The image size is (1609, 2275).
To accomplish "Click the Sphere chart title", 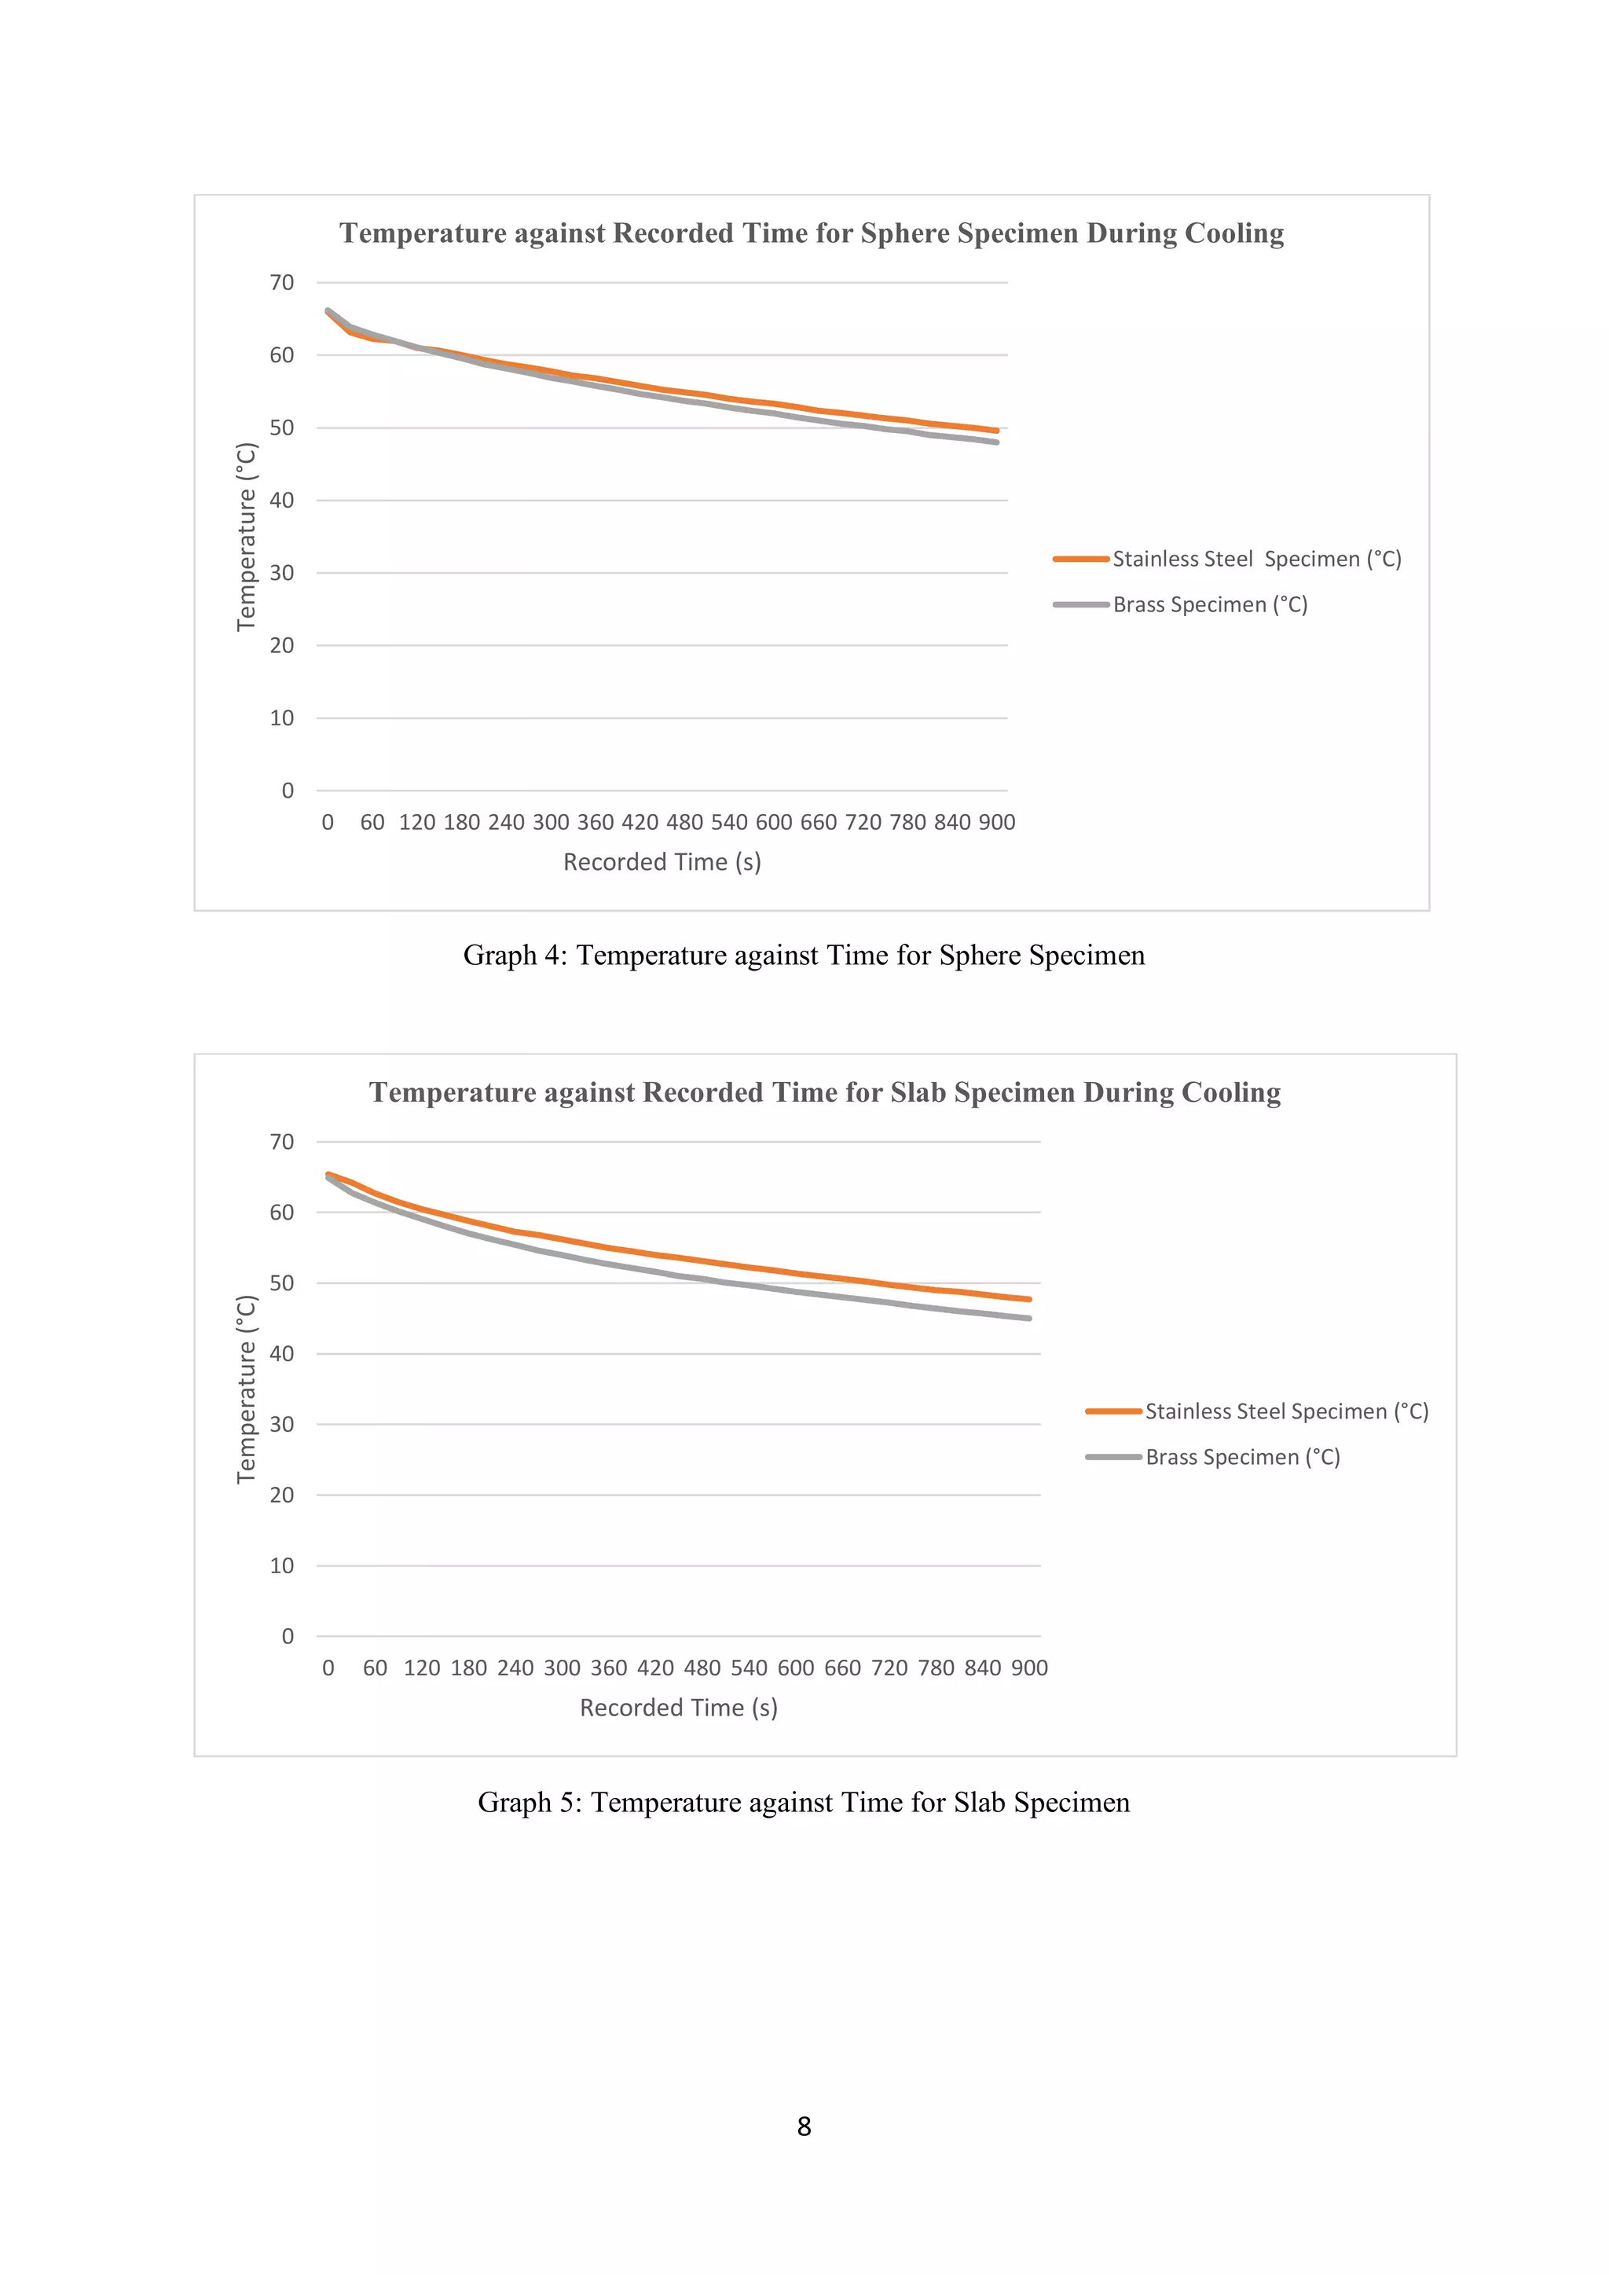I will pos(812,233).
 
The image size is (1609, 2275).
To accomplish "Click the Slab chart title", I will pos(824,1092).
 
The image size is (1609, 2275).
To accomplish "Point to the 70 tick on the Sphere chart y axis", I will pos(281,282).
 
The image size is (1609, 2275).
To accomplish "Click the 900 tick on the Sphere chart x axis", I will pos(997,823).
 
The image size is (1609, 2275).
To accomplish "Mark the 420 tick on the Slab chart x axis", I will pos(655,1668).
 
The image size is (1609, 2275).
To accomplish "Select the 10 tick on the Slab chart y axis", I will pos(281,1565).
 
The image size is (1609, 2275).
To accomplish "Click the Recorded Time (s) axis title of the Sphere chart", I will pos(662,862).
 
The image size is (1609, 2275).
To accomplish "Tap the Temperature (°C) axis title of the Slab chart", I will pos(246,1389).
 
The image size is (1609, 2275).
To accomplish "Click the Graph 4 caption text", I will pos(804,955).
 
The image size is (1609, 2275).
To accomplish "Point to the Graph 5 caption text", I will pos(804,1803).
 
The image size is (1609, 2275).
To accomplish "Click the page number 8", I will pos(804,2126).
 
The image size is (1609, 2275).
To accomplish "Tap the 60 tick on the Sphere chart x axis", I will pos(372,823).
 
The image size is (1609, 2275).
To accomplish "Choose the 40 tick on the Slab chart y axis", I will pos(281,1353).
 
